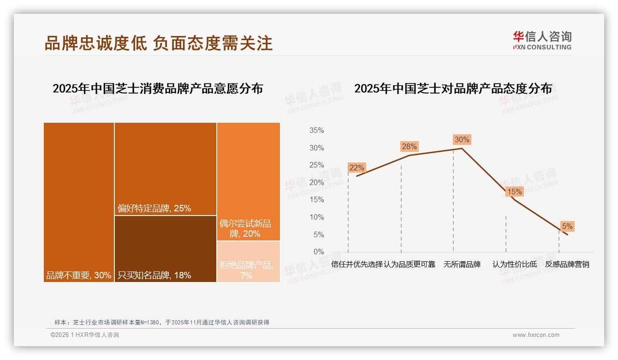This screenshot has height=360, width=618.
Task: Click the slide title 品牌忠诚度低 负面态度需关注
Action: pyautogui.click(x=159, y=43)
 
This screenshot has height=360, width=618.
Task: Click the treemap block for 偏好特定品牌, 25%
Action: pyautogui.click(x=166, y=169)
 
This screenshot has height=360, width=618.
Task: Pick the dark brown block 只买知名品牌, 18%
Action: pyautogui.click(x=166, y=248)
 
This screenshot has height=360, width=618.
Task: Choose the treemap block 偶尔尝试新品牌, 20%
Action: pyautogui.click(x=249, y=181)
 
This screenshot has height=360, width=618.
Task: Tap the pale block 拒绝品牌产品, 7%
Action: pyautogui.click(x=249, y=261)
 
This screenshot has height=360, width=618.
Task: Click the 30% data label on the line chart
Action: pyautogui.click(x=462, y=139)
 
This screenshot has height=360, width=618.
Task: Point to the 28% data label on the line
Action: pyautogui.click(x=409, y=146)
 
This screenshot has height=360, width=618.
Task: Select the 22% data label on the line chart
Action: pyautogui.click(x=357, y=168)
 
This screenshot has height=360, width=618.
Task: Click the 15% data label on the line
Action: pyautogui.click(x=514, y=192)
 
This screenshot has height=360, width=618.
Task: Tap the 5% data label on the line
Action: pyautogui.click(x=567, y=226)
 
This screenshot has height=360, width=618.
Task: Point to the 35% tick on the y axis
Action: pyautogui.click(x=316, y=131)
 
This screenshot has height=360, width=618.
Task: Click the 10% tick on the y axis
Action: pyautogui.click(x=316, y=217)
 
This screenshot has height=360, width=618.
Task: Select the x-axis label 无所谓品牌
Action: pyautogui.click(x=462, y=264)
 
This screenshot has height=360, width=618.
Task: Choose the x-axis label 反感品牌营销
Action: pyautogui.click(x=567, y=264)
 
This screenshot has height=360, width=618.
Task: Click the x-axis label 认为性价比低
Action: pyautogui.click(x=514, y=264)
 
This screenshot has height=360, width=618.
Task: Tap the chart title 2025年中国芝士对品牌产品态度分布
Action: pyautogui.click(x=453, y=89)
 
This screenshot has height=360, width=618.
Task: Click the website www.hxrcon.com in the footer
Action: pyautogui.click(x=536, y=335)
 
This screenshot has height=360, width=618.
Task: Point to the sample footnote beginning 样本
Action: pyautogui.click(x=161, y=322)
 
